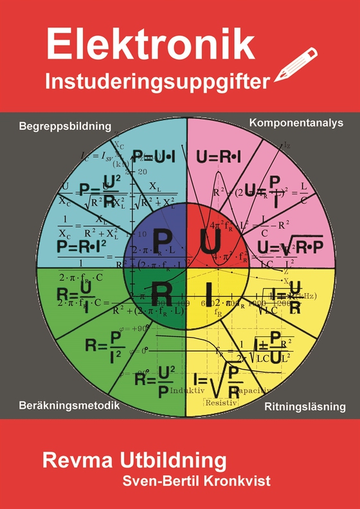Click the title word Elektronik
click(x=151, y=46)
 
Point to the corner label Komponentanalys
click(x=296, y=122)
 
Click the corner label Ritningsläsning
click(x=305, y=407)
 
